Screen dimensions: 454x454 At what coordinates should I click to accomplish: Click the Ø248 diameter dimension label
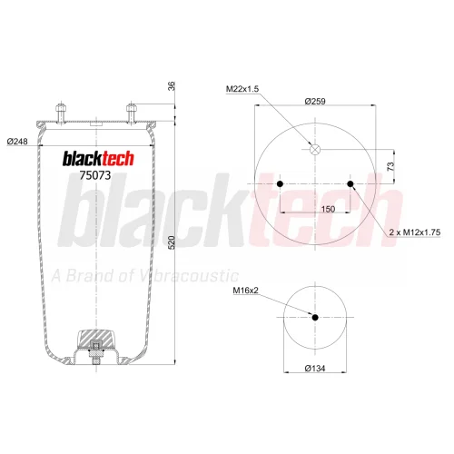[x=17, y=142]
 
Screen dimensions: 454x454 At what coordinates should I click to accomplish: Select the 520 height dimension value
[x=172, y=242]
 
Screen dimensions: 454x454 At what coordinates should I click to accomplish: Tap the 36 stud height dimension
[x=172, y=86]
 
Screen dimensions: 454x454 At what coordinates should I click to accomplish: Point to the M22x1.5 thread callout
[x=242, y=89]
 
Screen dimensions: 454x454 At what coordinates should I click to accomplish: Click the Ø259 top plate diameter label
[x=315, y=101]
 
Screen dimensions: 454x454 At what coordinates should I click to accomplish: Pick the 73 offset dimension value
[x=390, y=166]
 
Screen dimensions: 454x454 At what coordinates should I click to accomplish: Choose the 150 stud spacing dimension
[x=328, y=209]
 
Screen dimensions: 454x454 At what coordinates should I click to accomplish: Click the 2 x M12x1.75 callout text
[x=415, y=232]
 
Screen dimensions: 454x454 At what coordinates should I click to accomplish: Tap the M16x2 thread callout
[x=245, y=291]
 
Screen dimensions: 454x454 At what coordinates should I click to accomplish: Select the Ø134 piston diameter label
[x=315, y=369]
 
